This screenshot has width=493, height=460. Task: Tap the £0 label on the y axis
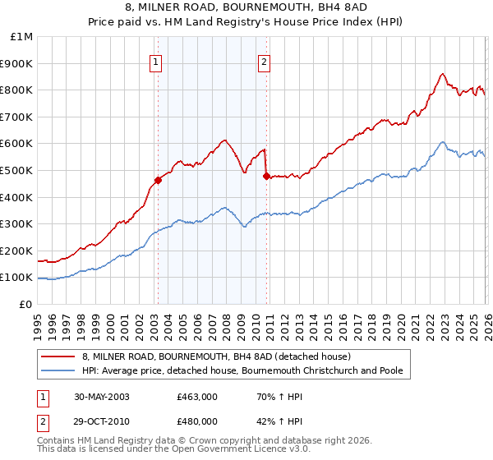coord(26,304)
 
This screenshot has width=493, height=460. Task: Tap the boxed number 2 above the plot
coord(265,60)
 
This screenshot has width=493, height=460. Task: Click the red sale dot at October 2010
coord(266,176)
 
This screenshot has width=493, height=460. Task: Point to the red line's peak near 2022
coord(443,74)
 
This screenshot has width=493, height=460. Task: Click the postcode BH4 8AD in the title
coord(325,6)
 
